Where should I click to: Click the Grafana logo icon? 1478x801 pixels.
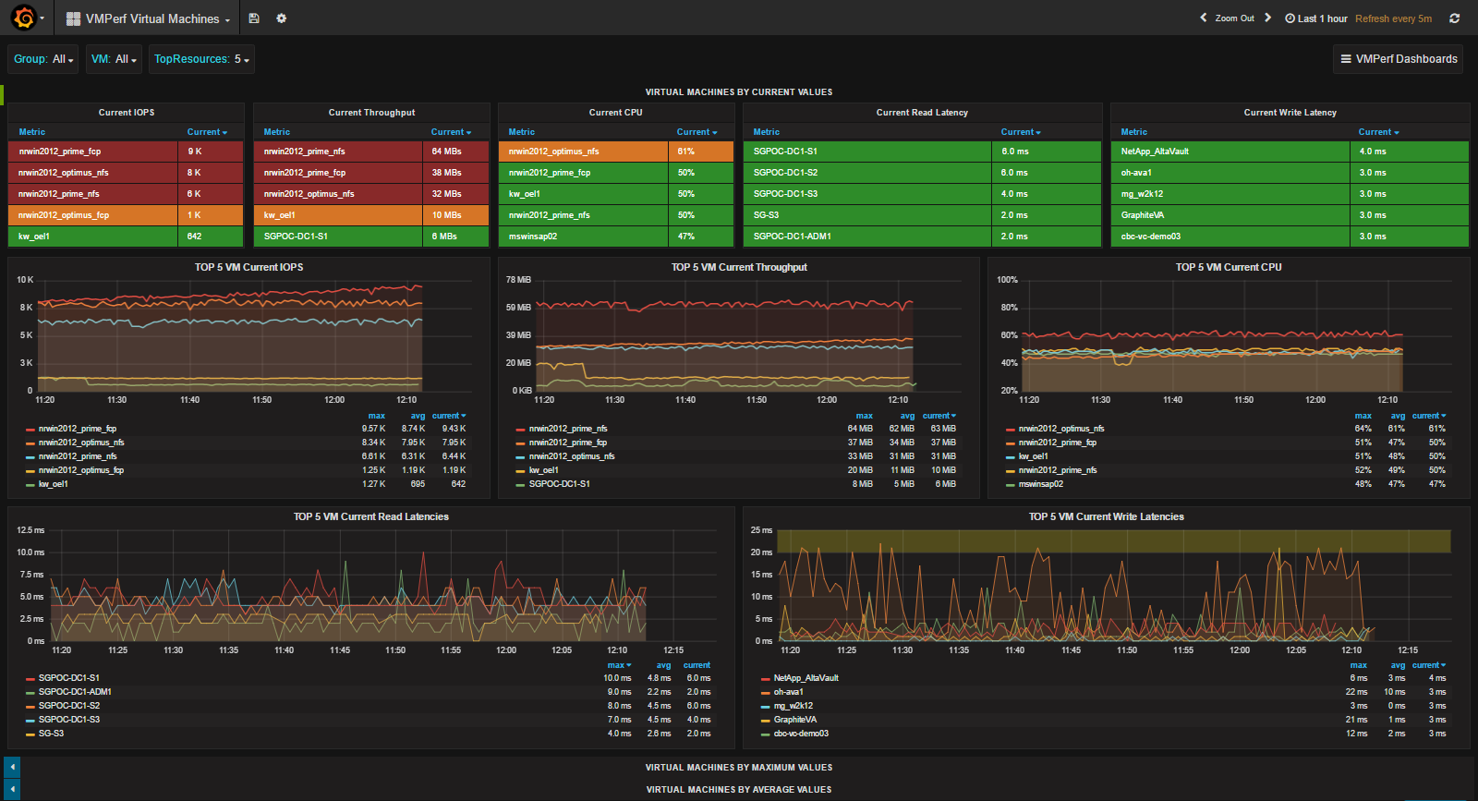click(x=24, y=18)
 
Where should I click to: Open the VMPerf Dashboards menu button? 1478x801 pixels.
click(x=1399, y=59)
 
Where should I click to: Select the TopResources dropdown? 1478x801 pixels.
click(x=201, y=59)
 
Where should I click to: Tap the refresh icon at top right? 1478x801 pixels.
click(x=1455, y=18)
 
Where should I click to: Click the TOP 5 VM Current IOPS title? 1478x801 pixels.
click(x=248, y=267)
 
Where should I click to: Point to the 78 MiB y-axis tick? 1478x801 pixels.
click(x=518, y=280)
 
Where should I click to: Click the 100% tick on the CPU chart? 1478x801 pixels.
click(x=1007, y=280)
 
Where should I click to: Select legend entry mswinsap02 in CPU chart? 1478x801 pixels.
click(x=1040, y=484)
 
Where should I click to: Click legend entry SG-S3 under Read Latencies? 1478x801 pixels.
click(x=51, y=734)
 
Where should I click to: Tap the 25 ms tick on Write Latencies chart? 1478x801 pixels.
click(x=761, y=530)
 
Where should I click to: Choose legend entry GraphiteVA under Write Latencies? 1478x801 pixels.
click(x=794, y=720)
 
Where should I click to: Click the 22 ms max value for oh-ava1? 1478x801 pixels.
click(x=1356, y=692)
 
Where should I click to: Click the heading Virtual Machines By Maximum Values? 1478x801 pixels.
click(x=738, y=768)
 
